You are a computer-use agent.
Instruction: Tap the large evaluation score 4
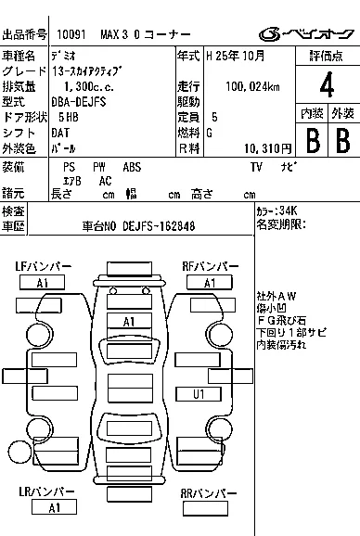coord(326,89)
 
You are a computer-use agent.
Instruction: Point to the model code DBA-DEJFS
coord(82,101)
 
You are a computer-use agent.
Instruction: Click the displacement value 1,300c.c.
coord(80,86)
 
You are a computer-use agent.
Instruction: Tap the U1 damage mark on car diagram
coord(199,394)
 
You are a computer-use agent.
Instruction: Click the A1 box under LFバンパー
coord(43,283)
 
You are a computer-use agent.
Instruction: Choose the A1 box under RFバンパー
coord(211,283)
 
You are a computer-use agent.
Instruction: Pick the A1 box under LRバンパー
coord(55,507)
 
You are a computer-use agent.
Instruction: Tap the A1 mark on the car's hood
coord(130,321)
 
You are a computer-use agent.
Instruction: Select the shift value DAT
coord(60,133)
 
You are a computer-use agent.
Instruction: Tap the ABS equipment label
coord(133,167)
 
